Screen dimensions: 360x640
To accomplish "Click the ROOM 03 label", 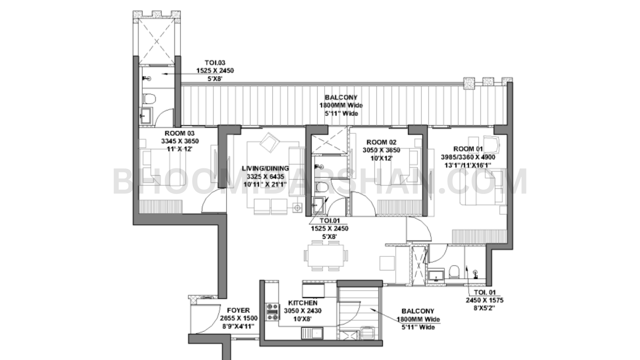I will [x=180, y=133].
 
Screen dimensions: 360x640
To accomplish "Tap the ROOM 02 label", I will [x=381, y=142].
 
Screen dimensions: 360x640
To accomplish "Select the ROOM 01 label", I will [x=468, y=149].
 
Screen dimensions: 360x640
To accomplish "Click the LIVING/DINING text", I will [x=265, y=168].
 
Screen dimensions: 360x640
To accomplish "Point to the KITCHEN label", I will [x=303, y=303].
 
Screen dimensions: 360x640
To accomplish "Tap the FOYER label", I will [x=238, y=310].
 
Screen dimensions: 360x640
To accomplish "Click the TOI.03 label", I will [x=215, y=63].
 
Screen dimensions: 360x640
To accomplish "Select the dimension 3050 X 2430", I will [x=303, y=311].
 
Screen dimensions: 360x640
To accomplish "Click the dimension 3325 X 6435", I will [x=265, y=176].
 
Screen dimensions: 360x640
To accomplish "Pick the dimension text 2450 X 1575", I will [x=484, y=300].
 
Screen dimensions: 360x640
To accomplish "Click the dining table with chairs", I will [x=325, y=256].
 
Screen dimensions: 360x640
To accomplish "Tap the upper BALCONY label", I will [x=341, y=97].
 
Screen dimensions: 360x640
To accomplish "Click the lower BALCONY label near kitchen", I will [x=418, y=311].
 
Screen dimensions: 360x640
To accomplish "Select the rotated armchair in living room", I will [x=270, y=142].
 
